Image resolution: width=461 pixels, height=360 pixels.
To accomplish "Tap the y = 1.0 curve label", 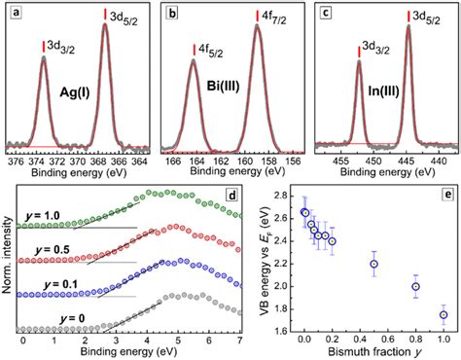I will pos(40,211).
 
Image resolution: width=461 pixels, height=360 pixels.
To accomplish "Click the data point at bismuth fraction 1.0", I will pos(443,314).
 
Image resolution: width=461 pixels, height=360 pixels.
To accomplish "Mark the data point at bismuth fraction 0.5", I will pos(374,264).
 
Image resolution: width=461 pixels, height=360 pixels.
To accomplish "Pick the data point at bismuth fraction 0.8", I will pos(416,287).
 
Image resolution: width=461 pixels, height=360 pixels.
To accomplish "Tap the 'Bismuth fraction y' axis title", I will pos(373,351).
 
